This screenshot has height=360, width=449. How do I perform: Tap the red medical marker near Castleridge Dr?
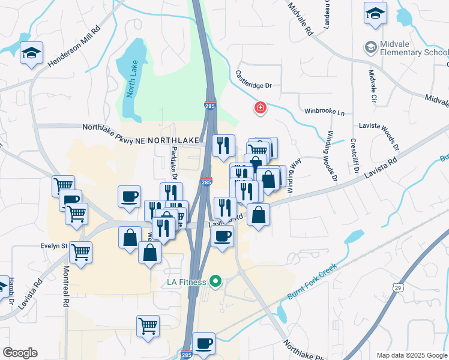tap(261, 108)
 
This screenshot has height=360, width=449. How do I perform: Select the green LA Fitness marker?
tap(215, 281)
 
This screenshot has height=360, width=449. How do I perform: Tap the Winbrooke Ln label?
tap(325, 112)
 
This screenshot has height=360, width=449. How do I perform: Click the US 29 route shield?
tap(398, 288)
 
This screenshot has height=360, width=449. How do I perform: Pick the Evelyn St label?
tap(53, 245)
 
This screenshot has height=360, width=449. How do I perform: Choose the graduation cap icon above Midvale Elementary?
tap(375, 13)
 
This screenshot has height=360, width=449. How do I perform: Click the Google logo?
tap(20, 353)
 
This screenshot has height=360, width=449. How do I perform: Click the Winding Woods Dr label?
tap(330, 155)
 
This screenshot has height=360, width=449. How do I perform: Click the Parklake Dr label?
tap(174, 163)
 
